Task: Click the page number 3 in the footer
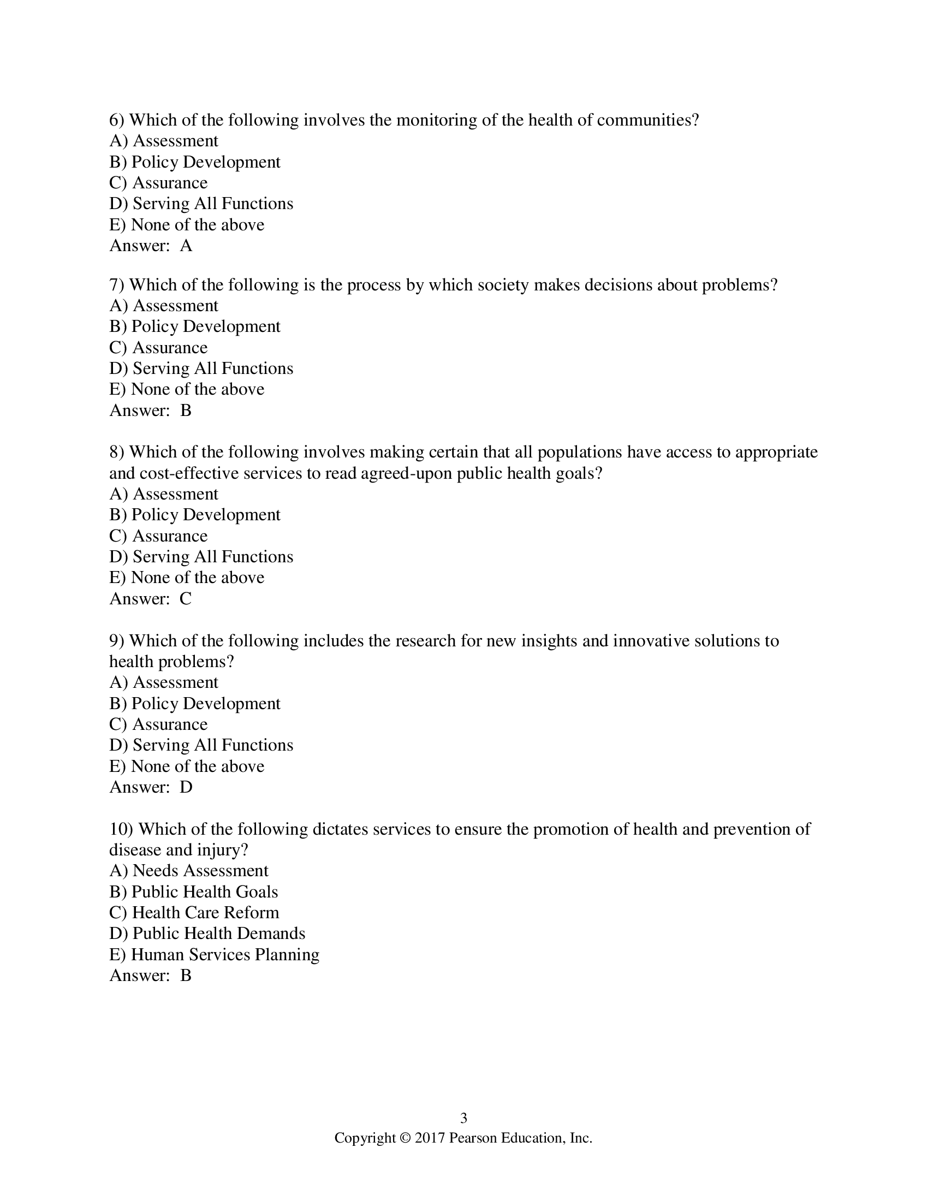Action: tap(463, 1118)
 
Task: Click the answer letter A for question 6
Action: tap(186, 246)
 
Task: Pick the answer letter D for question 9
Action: tap(186, 787)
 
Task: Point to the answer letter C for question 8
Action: tap(186, 599)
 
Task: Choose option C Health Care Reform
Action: tap(195, 913)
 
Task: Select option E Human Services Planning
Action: tap(215, 955)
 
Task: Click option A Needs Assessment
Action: tap(189, 871)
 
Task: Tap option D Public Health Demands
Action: tap(207, 934)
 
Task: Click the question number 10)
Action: tap(122, 829)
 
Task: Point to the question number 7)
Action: tap(117, 285)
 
